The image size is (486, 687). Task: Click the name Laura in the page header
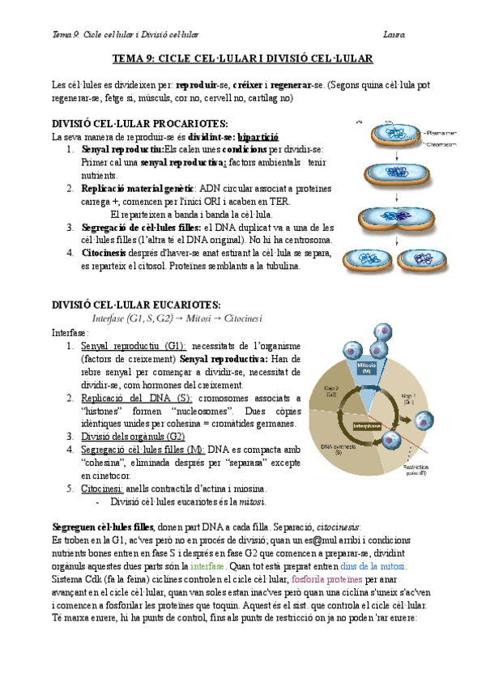point(396,34)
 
